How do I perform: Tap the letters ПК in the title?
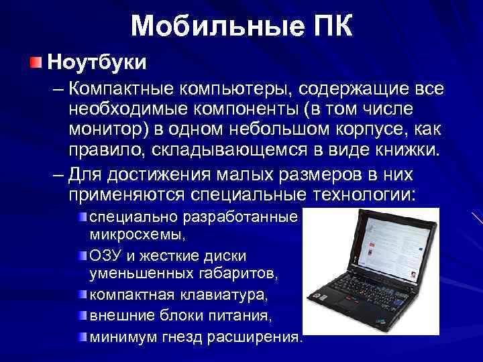(327, 26)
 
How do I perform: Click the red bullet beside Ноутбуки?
(35, 62)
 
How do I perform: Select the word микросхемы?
(137, 235)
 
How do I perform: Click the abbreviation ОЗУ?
(105, 255)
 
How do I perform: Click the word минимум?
(119, 335)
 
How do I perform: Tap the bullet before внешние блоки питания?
(82, 314)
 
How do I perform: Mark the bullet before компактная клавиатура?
(82, 294)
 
